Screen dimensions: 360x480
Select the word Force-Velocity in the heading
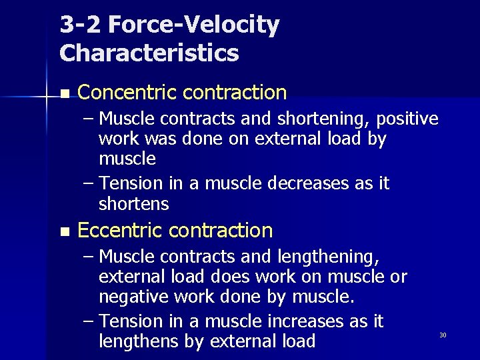pos(194,25)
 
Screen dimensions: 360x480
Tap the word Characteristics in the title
pos(149,53)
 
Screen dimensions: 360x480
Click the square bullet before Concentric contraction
pos(63,93)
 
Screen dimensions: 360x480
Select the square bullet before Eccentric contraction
pos(63,232)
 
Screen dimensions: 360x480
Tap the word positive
pos(407,119)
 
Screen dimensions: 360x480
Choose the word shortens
pos(133,203)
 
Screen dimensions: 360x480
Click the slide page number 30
pos(442,335)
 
